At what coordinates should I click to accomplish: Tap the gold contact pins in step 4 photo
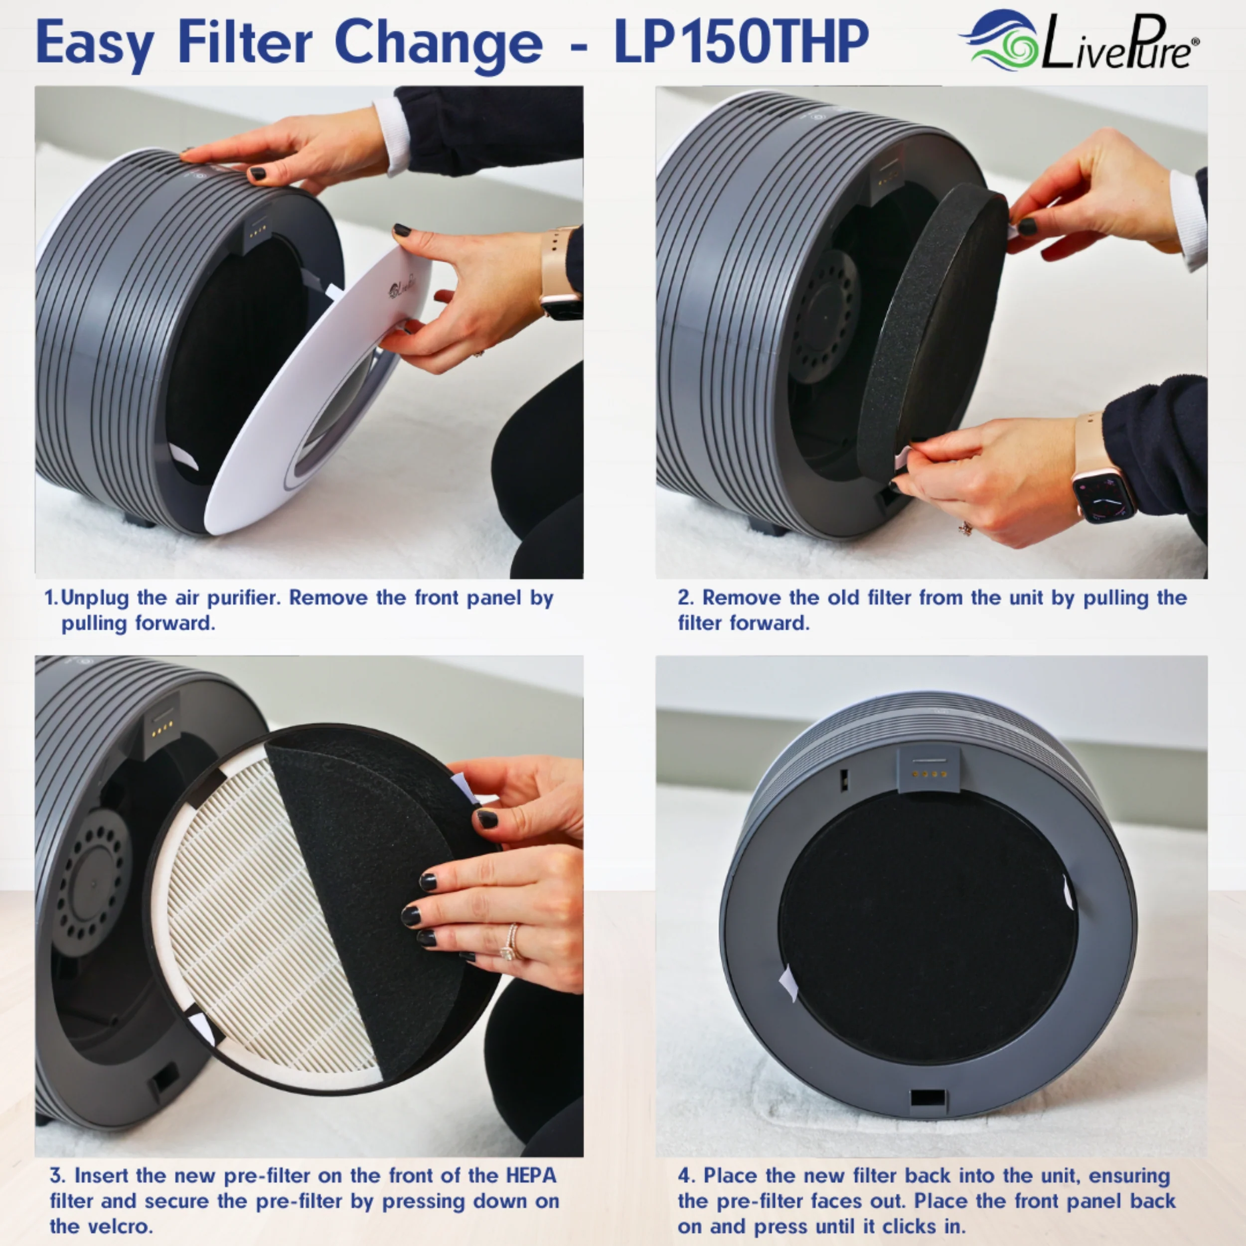[x=929, y=774]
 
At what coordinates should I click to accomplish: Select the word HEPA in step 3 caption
[x=531, y=1175]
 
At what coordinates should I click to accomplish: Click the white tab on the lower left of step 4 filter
[x=788, y=983]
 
